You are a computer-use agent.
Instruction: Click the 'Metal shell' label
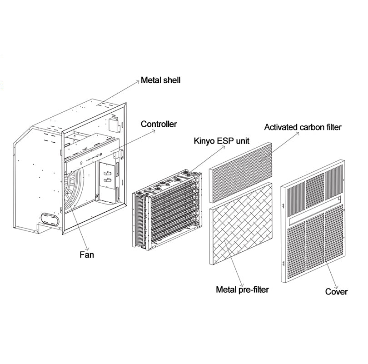click(160, 80)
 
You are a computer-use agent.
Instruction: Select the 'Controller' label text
click(159, 124)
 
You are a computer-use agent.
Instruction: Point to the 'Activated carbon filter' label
click(303, 127)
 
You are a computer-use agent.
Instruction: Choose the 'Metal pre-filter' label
click(242, 289)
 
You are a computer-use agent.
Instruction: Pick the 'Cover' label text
click(336, 291)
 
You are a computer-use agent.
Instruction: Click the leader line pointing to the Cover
click(328, 264)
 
